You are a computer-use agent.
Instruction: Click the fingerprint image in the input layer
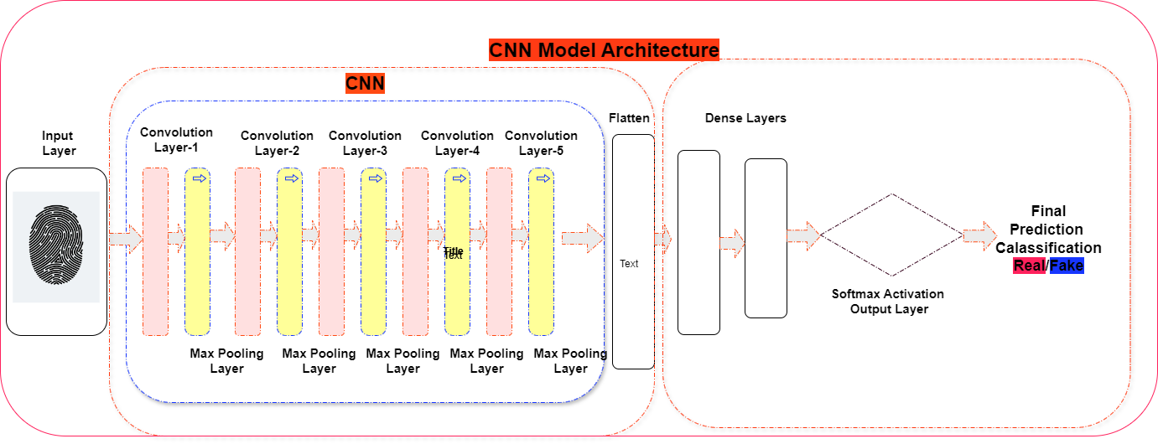click(56, 246)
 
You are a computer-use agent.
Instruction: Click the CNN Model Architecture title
click(604, 50)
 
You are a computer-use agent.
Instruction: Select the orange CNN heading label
click(365, 84)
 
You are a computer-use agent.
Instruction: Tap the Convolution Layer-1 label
click(176, 140)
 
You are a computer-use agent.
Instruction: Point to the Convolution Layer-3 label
click(365, 143)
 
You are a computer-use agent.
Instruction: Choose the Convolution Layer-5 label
click(541, 143)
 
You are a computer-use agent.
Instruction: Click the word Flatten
click(629, 118)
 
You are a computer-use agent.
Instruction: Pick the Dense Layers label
click(745, 118)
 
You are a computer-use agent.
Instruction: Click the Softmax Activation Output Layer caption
click(887, 302)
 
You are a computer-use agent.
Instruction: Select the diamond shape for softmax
click(891, 235)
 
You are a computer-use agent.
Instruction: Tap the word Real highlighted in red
click(1029, 266)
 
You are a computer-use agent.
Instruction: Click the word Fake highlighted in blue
click(1067, 266)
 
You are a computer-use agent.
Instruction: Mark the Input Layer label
click(58, 143)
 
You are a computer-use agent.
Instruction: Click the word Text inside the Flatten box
click(629, 264)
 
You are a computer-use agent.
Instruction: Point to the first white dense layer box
click(698, 242)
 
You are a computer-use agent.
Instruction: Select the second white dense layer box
click(766, 239)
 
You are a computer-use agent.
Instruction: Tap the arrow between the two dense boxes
click(732, 243)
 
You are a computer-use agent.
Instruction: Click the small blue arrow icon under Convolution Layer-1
click(199, 178)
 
